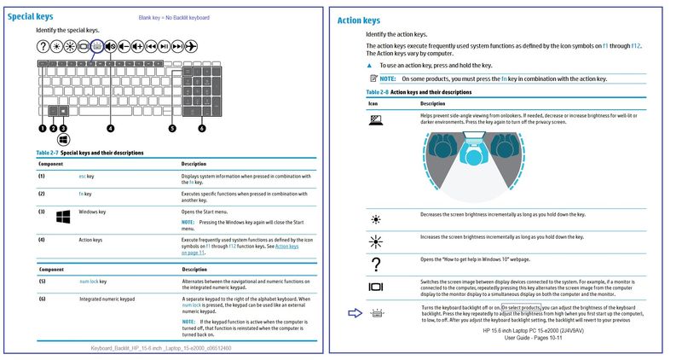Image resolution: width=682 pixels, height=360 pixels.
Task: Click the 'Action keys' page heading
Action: point(359,20)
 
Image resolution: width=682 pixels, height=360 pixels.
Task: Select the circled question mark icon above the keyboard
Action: point(43,46)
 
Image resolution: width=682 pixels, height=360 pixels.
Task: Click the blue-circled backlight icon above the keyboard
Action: point(97,46)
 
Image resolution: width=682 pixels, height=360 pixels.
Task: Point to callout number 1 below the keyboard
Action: point(42,128)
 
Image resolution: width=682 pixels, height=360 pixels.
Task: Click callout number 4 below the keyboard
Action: point(110,128)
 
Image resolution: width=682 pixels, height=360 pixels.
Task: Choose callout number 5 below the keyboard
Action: point(172,128)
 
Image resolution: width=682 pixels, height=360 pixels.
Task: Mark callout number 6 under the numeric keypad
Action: point(202,128)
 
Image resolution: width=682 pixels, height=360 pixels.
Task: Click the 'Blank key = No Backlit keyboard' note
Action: point(174,18)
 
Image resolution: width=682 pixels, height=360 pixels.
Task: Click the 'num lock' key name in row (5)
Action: point(86,280)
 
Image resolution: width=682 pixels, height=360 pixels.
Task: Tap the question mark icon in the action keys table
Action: point(375,264)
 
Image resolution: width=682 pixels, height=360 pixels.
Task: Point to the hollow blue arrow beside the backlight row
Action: point(355,313)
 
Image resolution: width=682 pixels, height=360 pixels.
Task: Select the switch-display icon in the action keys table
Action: point(375,287)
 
